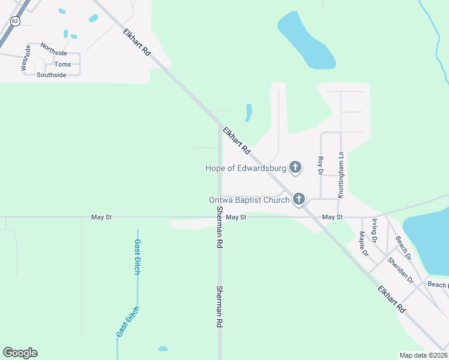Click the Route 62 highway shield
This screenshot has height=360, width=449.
16,21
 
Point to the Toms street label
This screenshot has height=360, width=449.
62,64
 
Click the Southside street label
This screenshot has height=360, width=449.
51,75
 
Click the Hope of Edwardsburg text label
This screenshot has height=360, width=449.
244,167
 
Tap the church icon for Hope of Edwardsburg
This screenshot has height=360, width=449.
295,167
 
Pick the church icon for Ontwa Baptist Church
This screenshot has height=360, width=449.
299,200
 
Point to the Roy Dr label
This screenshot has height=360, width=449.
320,166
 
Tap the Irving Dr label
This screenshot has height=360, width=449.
374,230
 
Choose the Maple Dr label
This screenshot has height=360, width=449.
364,244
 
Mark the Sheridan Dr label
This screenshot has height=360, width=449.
401,270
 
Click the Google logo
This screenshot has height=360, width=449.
20,353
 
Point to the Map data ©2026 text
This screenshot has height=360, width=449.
423,355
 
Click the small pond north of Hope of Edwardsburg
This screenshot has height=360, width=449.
249,112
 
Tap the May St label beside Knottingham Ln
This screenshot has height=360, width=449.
332,217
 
